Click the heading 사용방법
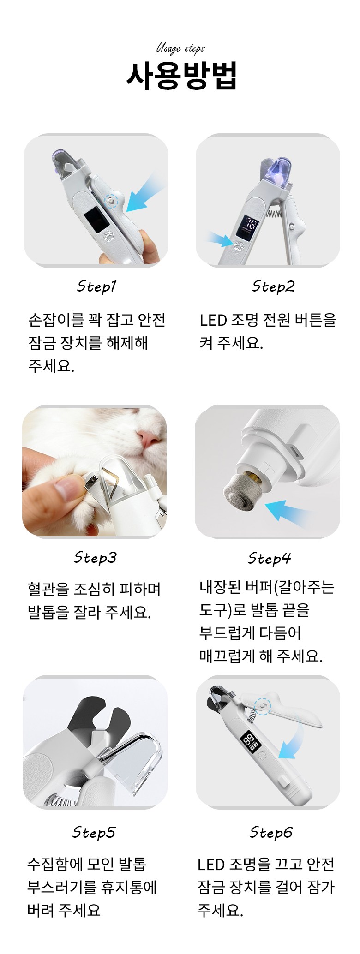click(182, 75)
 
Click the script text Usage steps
click(180, 48)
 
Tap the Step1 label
click(96, 286)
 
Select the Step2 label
click(273, 286)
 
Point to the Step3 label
click(95, 558)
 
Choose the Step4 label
click(270, 558)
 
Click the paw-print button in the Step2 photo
click(239, 245)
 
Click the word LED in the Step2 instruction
click(214, 320)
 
